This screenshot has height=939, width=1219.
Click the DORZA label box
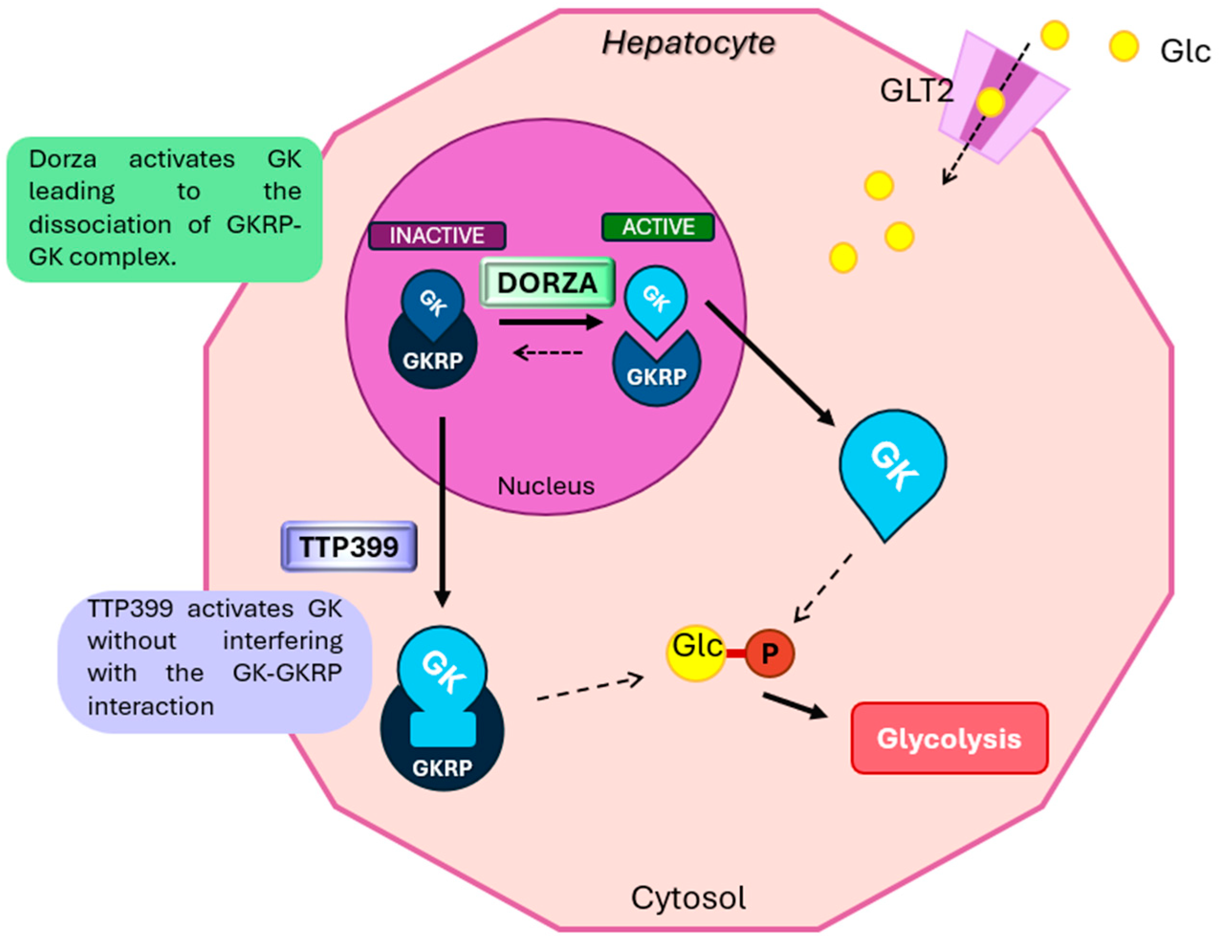click(x=547, y=283)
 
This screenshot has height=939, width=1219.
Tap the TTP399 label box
click(x=349, y=546)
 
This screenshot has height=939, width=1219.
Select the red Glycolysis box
click(x=949, y=738)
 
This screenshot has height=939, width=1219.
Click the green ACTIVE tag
click(x=658, y=227)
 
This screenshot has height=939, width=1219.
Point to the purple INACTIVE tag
click(x=437, y=236)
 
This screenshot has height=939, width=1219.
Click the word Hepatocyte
click(x=689, y=43)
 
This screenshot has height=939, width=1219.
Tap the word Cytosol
click(x=688, y=898)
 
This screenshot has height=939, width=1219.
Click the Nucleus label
click(x=546, y=486)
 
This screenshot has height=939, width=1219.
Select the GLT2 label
click(x=916, y=90)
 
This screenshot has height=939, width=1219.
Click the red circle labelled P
click(x=770, y=653)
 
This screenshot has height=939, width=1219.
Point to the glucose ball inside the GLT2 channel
click(x=990, y=102)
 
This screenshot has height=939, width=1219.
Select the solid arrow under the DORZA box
click(x=550, y=322)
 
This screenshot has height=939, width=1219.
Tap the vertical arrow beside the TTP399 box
click(x=443, y=511)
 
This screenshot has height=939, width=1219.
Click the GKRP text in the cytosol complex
click(x=443, y=768)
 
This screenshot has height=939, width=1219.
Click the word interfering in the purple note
click(x=283, y=641)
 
